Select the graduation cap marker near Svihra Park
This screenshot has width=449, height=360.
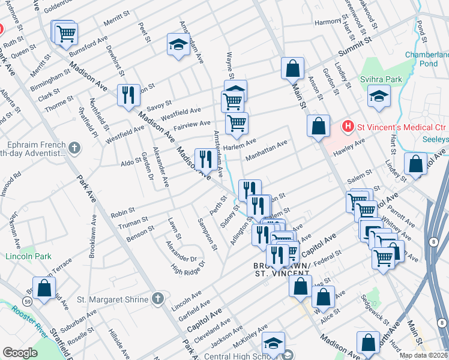point(379,96)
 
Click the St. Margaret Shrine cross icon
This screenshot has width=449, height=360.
point(157,298)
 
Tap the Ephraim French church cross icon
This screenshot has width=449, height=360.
point(74,147)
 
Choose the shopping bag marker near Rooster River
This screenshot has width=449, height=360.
point(44,288)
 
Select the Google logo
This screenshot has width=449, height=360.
point(20,353)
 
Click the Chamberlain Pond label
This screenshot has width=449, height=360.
point(427,59)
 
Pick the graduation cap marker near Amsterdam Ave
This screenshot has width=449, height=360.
point(178,44)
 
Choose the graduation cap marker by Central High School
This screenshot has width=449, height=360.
point(273,344)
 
